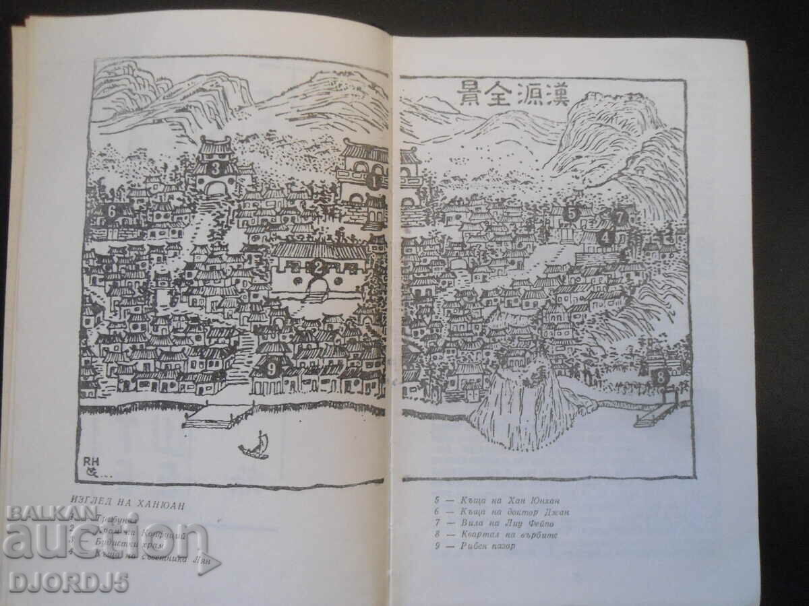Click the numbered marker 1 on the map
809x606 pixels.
pyautogui.click(x=373, y=180)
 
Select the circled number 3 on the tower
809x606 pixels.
pyautogui.click(x=216, y=168)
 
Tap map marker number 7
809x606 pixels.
pyautogui.click(x=620, y=217)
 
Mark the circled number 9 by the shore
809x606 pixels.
pyautogui.click(x=271, y=368)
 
